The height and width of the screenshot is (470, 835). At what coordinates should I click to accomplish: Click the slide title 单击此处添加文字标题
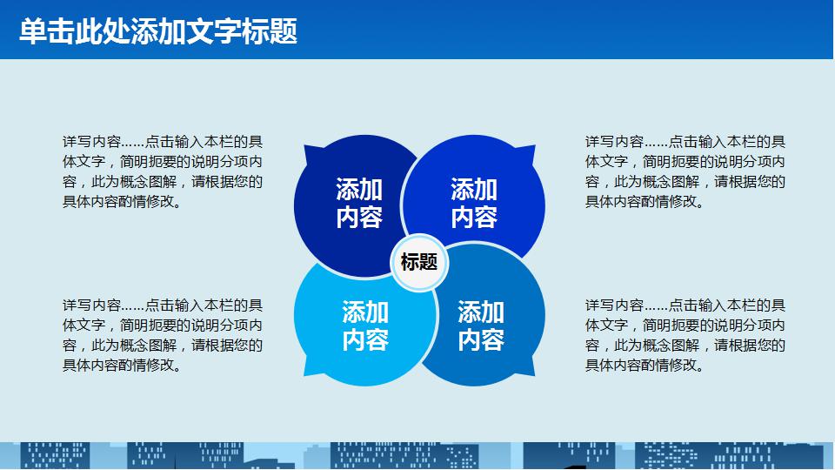pyautogui.click(x=158, y=31)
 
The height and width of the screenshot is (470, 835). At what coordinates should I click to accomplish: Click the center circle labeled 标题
pyautogui.click(x=419, y=262)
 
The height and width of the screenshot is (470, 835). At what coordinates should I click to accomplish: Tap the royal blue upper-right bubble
pyautogui.click(x=474, y=198)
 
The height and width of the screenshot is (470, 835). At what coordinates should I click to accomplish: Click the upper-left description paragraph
pyautogui.click(x=163, y=171)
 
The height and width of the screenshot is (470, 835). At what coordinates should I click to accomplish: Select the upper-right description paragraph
pyautogui.click(x=685, y=171)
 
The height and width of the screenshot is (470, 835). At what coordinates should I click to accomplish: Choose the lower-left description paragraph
pyautogui.click(x=163, y=335)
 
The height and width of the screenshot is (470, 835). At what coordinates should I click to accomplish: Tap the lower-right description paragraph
pyautogui.click(x=685, y=335)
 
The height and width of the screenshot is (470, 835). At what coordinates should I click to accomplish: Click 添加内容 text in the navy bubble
pyautogui.click(x=359, y=203)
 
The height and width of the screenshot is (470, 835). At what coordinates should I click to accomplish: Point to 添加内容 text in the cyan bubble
pyautogui.click(x=365, y=326)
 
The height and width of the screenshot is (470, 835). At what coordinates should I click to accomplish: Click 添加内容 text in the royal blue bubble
pyautogui.click(x=474, y=203)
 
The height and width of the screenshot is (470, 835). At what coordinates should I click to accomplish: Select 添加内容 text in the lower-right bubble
pyautogui.click(x=481, y=326)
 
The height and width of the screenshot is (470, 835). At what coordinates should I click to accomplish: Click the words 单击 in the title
pyautogui.click(x=47, y=31)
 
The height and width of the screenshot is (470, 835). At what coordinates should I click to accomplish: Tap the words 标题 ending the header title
pyautogui.click(x=270, y=31)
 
